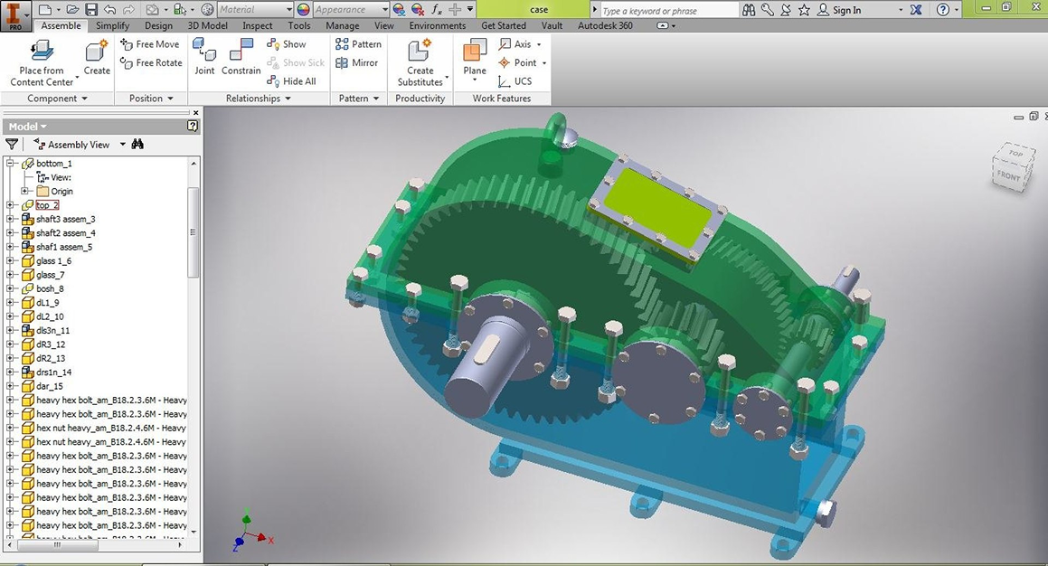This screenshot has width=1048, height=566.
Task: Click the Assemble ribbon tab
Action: click(61, 25)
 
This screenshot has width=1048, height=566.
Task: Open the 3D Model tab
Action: click(207, 25)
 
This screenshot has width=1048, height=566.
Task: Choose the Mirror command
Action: click(357, 63)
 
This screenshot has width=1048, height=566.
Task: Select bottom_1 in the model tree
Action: click(53, 164)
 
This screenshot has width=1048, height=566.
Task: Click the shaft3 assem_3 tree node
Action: click(65, 220)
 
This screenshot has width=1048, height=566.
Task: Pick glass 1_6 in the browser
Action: click(53, 261)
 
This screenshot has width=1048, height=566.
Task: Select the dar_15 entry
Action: click(49, 386)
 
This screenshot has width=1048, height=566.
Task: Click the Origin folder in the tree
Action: click(61, 192)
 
